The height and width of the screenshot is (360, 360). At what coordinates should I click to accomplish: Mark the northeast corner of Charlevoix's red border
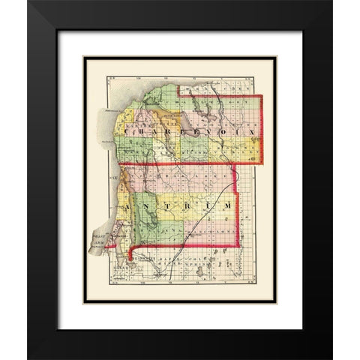pos(261,96)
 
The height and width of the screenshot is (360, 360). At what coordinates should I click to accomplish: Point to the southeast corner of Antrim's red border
pos(238,245)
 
